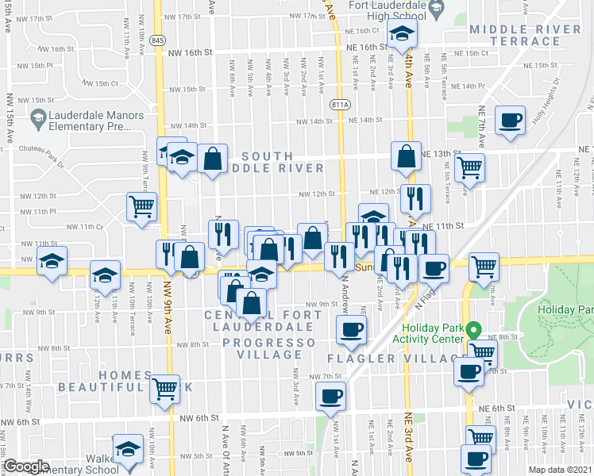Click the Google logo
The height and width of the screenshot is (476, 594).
[x=26, y=466]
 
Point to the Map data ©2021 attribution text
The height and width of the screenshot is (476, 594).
[x=561, y=470]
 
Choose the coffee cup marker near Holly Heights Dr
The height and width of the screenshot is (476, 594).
[x=510, y=121]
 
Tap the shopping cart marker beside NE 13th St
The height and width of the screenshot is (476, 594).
[x=470, y=167]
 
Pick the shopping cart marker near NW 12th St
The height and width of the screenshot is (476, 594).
[x=141, y=206]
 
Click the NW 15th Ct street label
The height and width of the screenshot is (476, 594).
[x=99, y=83]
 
